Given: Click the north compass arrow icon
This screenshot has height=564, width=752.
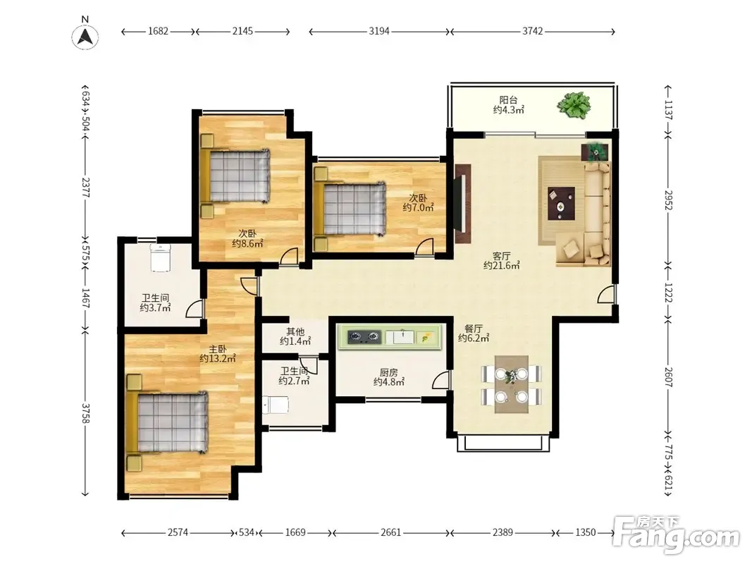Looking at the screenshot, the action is pos(85,37).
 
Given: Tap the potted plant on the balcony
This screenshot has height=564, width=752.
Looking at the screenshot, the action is pos(574,105).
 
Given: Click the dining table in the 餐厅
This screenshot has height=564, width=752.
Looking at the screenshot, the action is pos(511,384).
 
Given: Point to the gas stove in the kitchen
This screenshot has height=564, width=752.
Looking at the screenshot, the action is pos(364,337).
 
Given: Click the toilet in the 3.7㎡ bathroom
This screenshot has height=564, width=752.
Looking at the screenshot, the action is pos(161,257).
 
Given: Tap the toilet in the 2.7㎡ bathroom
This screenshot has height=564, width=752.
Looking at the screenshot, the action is pos(276,405).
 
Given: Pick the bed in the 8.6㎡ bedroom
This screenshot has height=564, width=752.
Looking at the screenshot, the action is pos(235,176).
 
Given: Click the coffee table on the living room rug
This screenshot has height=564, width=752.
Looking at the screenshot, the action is pos(562,204).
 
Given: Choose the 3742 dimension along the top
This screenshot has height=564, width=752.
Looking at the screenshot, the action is pos(532,31).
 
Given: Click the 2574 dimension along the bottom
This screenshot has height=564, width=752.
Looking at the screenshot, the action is pos(178,532).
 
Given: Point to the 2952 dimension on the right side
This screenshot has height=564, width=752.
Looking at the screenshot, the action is pos(669,200).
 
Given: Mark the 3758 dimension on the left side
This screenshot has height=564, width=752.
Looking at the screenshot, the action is pos(85,413).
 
